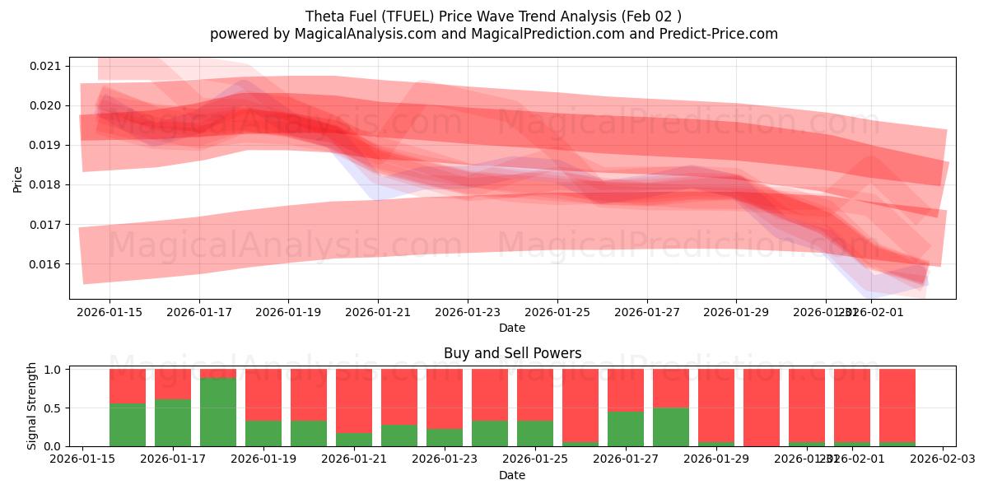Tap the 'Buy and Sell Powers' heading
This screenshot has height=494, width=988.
[x=512, y=353]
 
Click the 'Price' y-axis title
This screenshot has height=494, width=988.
[x=17, y=178]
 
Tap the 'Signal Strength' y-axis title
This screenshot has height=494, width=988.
[x=32, y=406]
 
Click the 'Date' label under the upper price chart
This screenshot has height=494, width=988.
[x=512, y=328]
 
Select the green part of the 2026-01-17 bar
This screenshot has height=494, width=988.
[x=173, y=422]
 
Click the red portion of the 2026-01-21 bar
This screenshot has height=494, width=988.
[x=354, y=400]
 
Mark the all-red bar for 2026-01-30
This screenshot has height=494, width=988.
[x=762, y=408]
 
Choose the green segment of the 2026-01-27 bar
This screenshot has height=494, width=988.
[x=626, y=429]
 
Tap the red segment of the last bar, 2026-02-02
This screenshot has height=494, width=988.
[x=897, y=405]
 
